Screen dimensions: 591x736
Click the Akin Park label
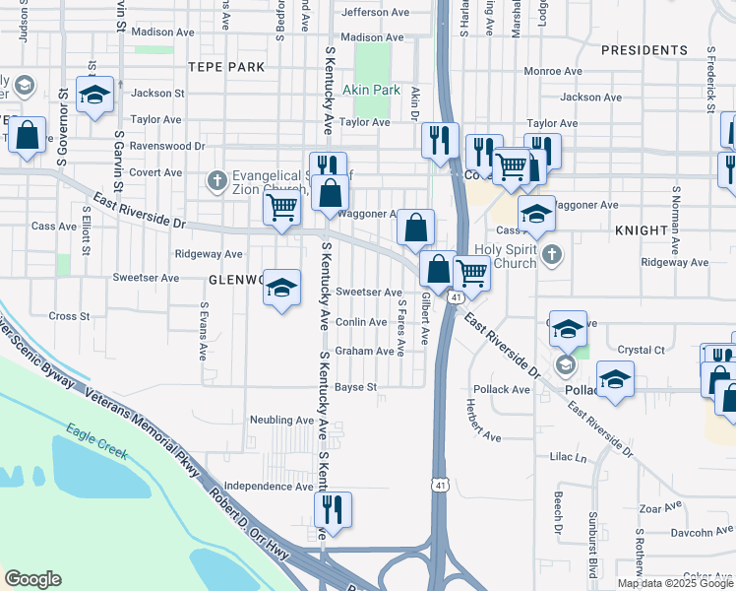(x=371, y=90)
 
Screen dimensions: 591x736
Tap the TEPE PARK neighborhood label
(x=227, y=66)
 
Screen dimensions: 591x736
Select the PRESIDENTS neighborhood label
(x=644, y=49)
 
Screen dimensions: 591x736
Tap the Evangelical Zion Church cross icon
(x=216, y=180)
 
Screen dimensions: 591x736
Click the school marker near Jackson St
(x=94, y=95)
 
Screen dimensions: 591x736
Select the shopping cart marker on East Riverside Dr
(x=282, y=209)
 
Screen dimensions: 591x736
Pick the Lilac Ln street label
(x=568, y=458)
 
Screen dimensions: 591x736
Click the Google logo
(x=32, y=579)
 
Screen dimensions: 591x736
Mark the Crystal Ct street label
(x=642, y=350)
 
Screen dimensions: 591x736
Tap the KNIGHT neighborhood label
(x=642, y=230)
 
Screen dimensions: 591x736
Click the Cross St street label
(x=69, y=316)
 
